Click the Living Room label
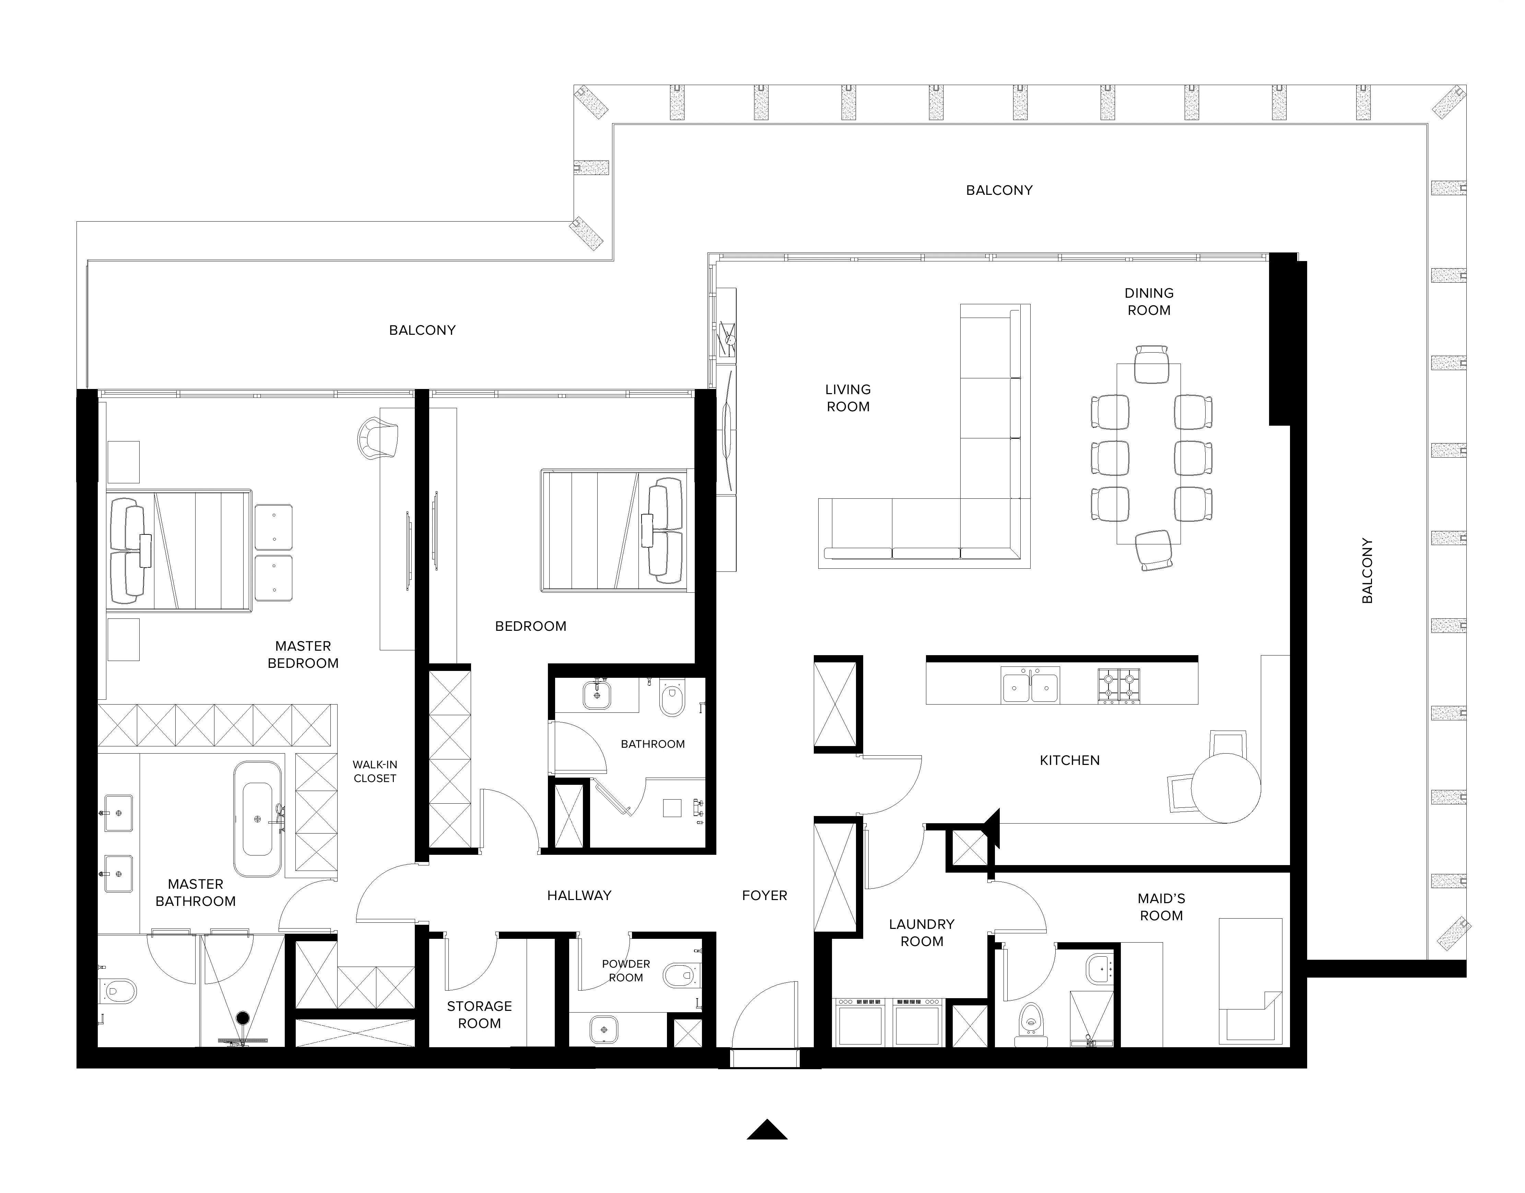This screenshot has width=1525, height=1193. tap(848, 398)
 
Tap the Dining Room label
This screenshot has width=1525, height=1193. tap(1149, 302)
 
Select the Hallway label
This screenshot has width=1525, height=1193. tap(579, 896)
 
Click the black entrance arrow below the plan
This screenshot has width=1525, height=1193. tap(767, 1130)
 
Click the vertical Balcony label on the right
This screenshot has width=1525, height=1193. tap(1367, 571)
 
